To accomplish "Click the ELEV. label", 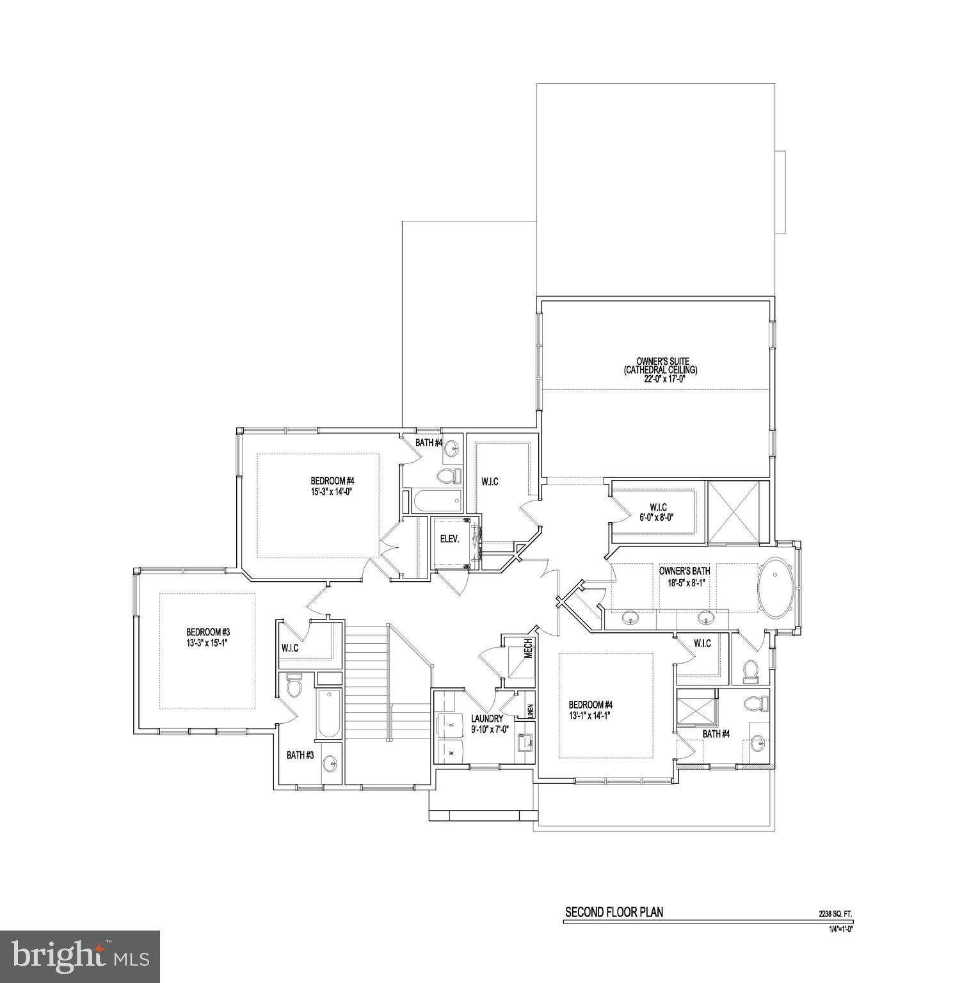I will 449,539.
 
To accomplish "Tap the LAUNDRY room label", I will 487,719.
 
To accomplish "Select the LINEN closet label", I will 530,711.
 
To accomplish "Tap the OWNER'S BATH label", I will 684,571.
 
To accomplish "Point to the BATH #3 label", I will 300,755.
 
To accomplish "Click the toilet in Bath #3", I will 294,685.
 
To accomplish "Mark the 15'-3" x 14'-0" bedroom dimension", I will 332,491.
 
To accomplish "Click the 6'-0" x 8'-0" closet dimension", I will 657,518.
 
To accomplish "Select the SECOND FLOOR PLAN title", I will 613,912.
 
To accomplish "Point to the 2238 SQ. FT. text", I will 835,915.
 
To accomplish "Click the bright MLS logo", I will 80,956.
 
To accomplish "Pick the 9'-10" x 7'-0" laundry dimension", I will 490,728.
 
